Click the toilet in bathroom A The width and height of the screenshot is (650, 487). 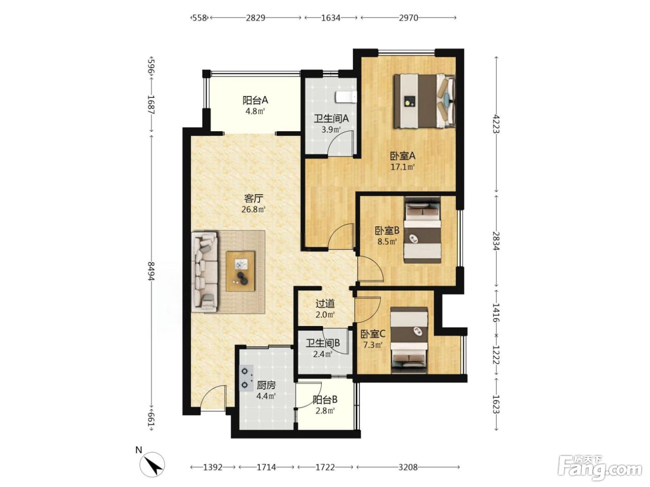[346, 97]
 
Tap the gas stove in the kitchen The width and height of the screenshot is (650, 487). [247, 378]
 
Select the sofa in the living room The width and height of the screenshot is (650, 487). [205, 272]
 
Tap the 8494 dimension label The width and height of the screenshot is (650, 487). [152, 271]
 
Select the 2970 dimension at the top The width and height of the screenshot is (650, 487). [409, 18]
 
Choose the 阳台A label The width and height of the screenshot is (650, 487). [255, 101]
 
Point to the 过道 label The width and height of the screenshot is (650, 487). [325, 303]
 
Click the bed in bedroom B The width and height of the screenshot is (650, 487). [422, 230]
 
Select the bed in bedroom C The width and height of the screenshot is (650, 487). [409, 340]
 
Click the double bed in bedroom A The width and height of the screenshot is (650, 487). [424, 102]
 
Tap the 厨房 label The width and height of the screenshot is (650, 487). [266, 385]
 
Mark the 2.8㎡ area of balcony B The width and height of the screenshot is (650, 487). [325, 410]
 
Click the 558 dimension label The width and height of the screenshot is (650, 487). [199, 18]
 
